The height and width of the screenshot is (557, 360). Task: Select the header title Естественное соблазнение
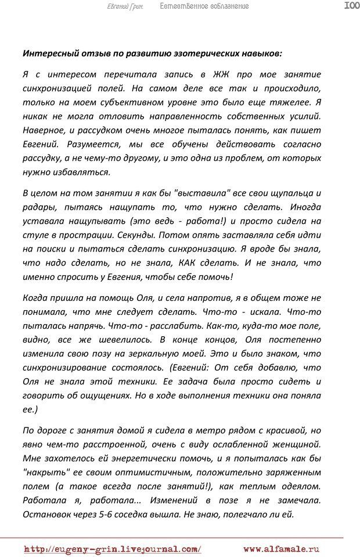point(204,6)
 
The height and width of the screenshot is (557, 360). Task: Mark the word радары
point(38,207)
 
